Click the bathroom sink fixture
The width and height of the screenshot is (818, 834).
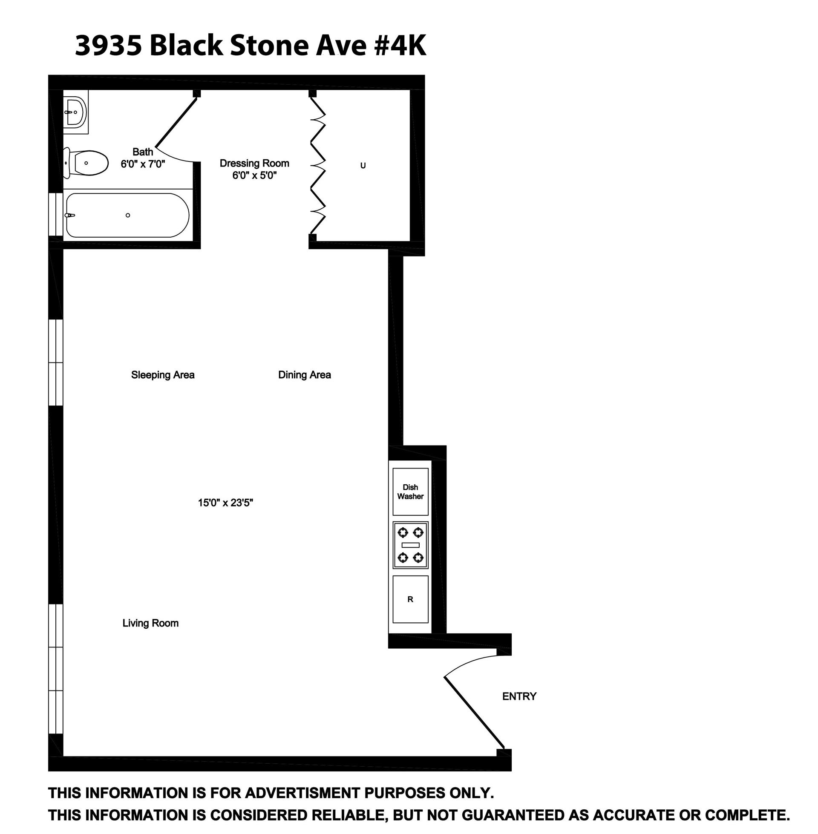(x=75, y=112)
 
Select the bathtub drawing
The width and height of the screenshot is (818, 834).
(x=127, y=215)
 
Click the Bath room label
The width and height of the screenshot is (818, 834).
(x=143, y=152)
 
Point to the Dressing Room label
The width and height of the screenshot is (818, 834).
(x=254, y=163)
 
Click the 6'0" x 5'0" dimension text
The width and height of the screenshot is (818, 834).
(x=254, y=175)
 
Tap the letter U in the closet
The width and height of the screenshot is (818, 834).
(x=363, y=166)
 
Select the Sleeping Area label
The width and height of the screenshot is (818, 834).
(x=163, y=375)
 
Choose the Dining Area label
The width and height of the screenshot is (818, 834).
(x=305, y=375)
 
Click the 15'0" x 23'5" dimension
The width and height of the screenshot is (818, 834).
(x=225, y=503)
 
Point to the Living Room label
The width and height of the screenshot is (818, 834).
(x=150, y=623)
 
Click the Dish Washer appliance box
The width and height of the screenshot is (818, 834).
(x=410, y=492)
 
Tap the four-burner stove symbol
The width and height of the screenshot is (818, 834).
(x=410, y=545)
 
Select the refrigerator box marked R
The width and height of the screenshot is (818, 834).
(x=410, y=599)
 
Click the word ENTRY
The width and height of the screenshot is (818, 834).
(x=519, y=696)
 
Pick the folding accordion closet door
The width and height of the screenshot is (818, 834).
(x=317, y=166)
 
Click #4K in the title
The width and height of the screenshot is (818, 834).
(x=400, y=46)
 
